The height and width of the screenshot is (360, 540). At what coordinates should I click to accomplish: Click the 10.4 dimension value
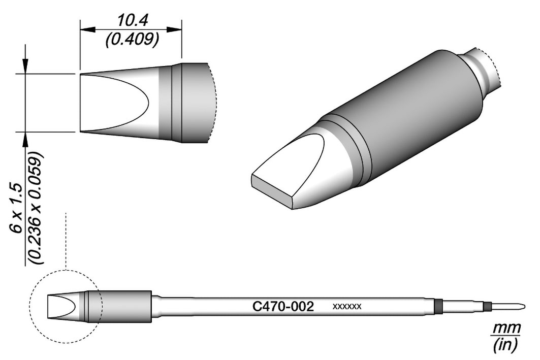(132, 21)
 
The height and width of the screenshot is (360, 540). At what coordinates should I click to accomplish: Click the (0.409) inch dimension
(132, 40)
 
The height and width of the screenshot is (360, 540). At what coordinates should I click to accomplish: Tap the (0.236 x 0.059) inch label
(36, 208)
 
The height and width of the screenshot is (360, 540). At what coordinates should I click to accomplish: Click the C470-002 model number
(283, 306)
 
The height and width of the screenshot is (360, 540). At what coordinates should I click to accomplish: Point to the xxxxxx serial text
(347, 306)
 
